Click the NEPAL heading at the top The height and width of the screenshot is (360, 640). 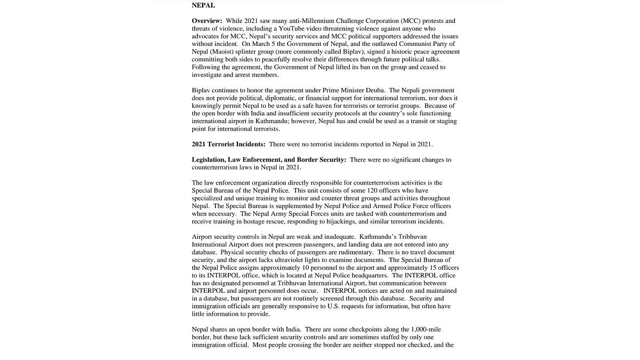click(203, 5)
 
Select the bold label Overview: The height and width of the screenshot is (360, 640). click(207, 21)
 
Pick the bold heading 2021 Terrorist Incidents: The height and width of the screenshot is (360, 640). click(228, 145)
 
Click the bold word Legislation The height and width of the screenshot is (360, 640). click(208, 160)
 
